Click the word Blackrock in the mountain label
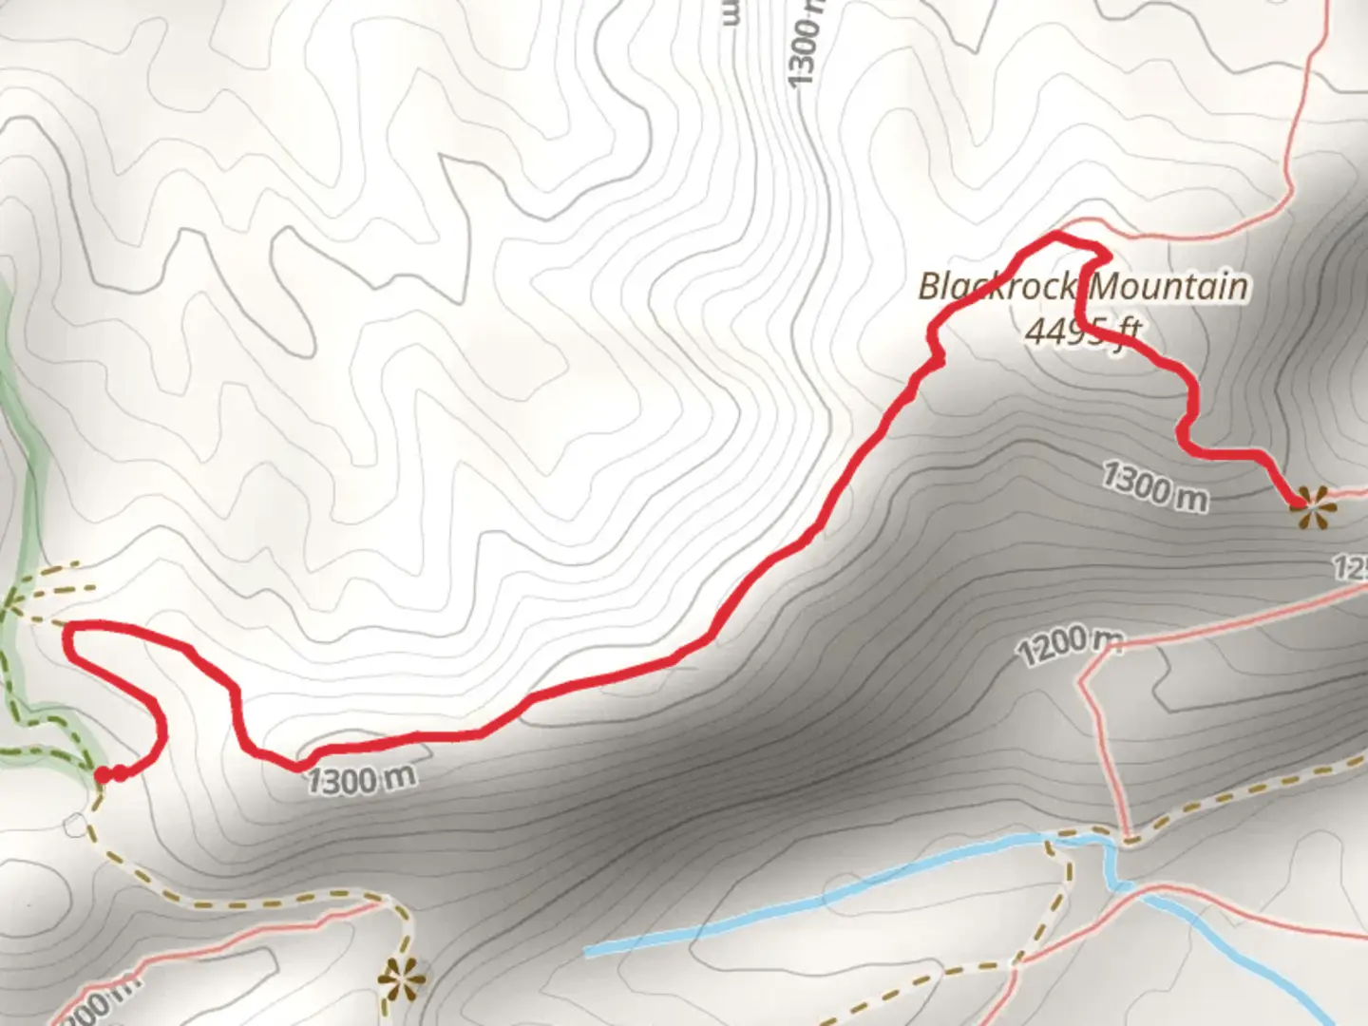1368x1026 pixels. [999, 287]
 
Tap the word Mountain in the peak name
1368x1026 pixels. [1170, 287]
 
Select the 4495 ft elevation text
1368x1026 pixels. [1083, 330]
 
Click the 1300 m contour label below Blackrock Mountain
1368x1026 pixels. [1155, 485]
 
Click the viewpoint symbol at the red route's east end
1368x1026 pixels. [1313, 506]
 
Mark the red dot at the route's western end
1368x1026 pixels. [103, 776]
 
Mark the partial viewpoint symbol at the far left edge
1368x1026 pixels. [9, 601]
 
